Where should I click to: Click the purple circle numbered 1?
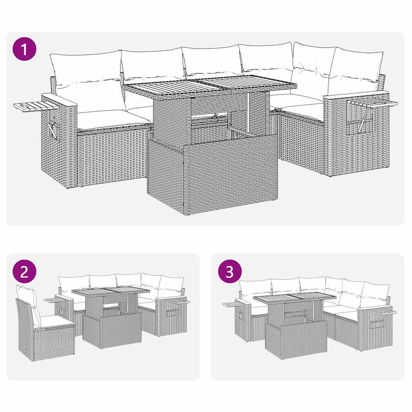tap(25, 49)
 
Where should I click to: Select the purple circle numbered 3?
tap(229, 272)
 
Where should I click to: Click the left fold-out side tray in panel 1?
tap(30, 107)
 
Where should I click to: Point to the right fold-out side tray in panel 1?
tap(372, 103)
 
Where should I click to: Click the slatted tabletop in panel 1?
tap(209, 85)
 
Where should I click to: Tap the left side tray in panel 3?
tap(230, 304)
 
